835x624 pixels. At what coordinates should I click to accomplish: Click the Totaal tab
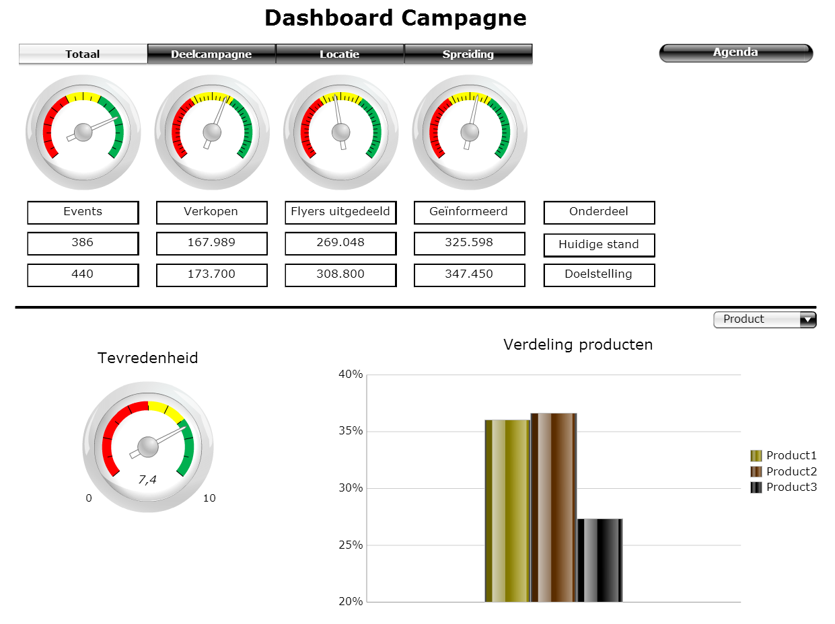tap(83, 54)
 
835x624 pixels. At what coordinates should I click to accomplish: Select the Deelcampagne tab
tap(211, 54)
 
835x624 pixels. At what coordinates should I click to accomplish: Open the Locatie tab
tap(339, 54)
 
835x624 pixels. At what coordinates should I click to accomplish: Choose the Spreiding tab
tap(468, 54)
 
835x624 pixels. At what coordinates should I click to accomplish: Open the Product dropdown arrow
tap(807, 320)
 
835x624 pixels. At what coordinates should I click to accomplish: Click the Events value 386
tap(83, 243)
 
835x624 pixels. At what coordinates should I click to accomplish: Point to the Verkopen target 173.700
tap(211, 274)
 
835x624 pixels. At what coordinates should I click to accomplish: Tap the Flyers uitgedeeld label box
tap(340, 212)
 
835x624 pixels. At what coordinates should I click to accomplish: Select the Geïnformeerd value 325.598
tap(469, 243)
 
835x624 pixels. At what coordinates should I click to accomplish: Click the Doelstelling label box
tap(599, 274)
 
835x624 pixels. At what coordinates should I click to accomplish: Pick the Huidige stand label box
tap(599, 245)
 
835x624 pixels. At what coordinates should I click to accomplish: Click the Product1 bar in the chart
tap(507, 511)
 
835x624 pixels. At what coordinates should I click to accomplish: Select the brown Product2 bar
tap(553, 508)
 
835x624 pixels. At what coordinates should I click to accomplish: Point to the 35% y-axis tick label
tap(350, 431)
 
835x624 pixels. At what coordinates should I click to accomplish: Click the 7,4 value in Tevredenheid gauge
tap(147, 479)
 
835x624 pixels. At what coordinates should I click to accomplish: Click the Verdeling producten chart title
tap(578, 345)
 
